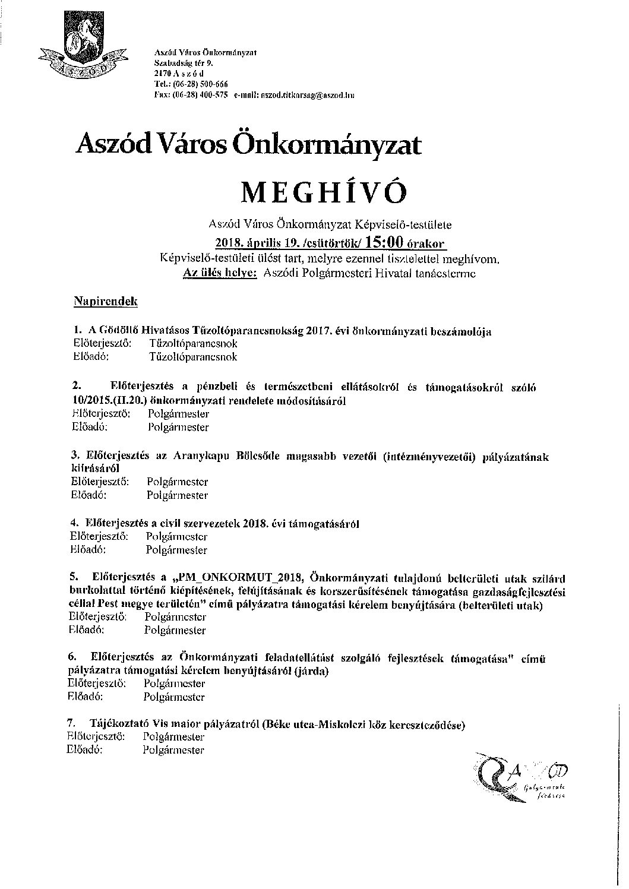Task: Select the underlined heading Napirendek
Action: point(105,302)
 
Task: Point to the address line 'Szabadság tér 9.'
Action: point(179,62)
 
